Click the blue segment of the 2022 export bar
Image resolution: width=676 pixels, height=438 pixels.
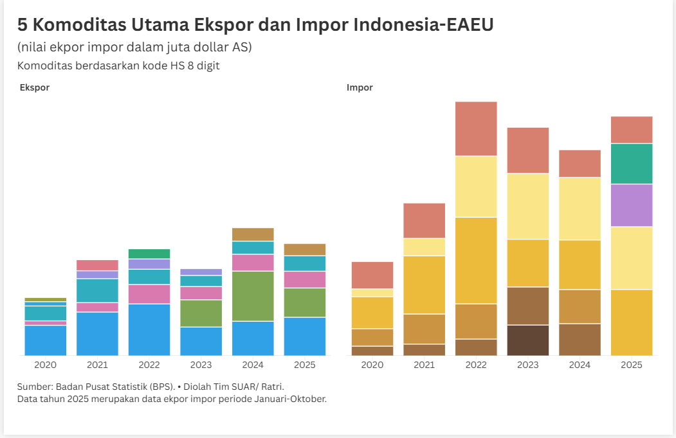[x=149, y=329]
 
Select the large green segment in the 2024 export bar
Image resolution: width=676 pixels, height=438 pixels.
[x=253, y=296]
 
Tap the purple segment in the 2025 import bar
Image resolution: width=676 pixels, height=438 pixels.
[x=631, y=206]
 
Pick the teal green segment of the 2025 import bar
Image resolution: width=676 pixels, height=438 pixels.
[x=631, y=164]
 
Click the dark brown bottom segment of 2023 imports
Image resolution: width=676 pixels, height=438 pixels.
[x=528, y=340]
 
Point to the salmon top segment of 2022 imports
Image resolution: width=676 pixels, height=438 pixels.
[x=476, y=128]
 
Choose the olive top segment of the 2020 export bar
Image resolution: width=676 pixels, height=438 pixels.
[x=46, y=299]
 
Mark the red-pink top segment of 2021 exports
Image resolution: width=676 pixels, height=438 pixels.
[x=97, y=265]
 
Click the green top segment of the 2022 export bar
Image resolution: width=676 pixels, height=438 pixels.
[x=149, y=254]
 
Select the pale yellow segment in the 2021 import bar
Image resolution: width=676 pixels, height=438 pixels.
[x=425, y=247]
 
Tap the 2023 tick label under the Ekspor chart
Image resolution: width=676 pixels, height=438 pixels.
[x=201, y=365]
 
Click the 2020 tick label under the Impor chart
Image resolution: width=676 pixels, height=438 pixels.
[x=372, y=365]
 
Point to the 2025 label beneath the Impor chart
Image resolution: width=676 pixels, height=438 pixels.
[x=631, y=365]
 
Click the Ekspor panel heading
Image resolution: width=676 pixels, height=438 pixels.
[x=35, y=87]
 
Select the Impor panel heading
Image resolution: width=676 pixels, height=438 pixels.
[x=360, y=87]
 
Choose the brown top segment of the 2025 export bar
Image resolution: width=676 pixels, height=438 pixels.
[x=304, y=250]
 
